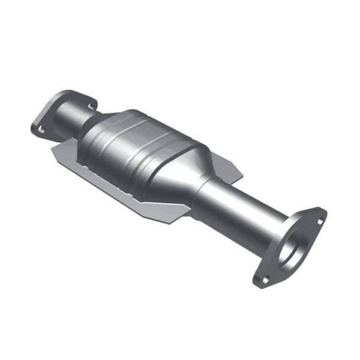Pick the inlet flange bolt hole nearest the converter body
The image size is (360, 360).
tap(91, 106)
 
